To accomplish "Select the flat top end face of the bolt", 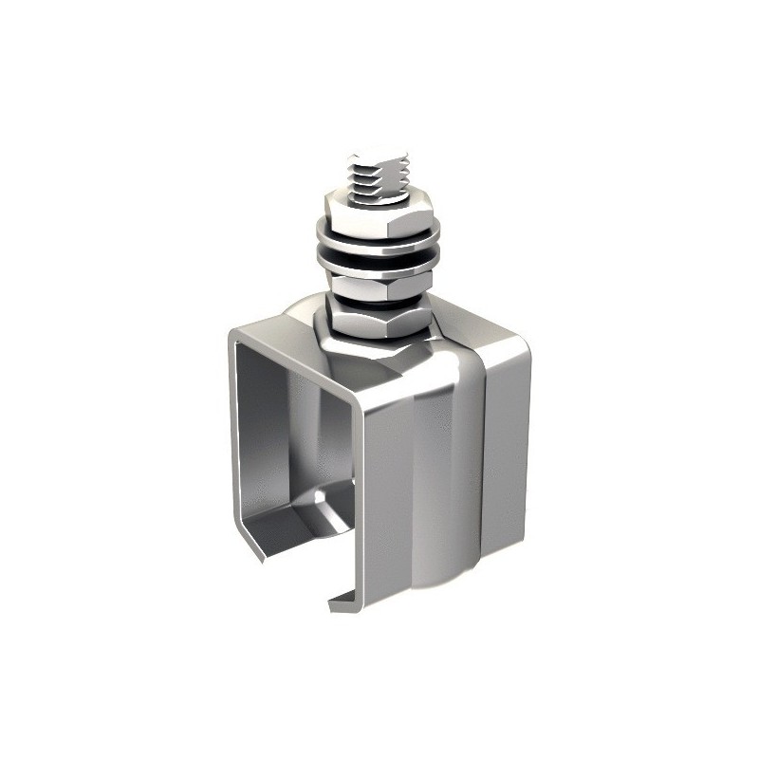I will pyautogui.click(x=379, y=154).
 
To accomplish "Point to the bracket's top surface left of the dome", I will pyautogui.click(x=275, y=343).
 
